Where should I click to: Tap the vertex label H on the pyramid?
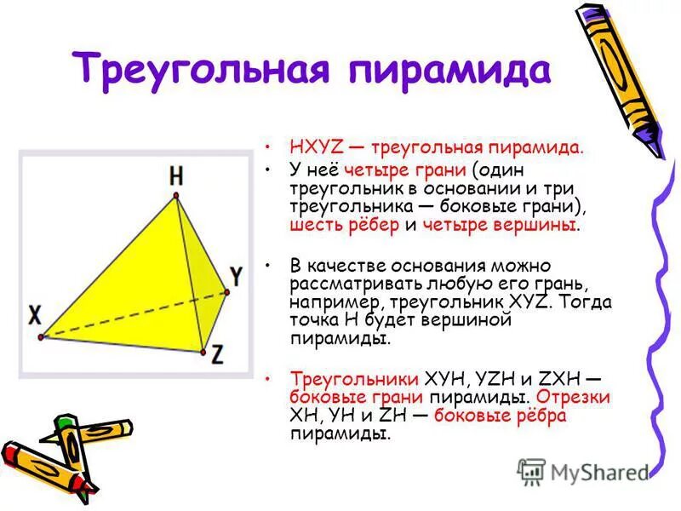click(175, 176)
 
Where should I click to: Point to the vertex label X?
click(34, 316)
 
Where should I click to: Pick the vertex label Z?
click(217, 355)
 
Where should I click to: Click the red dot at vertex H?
click(176, 198)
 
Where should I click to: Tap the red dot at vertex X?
click(41, 337)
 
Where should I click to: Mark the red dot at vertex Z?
click(202, 350)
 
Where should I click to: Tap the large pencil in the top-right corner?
click(620, 81)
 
